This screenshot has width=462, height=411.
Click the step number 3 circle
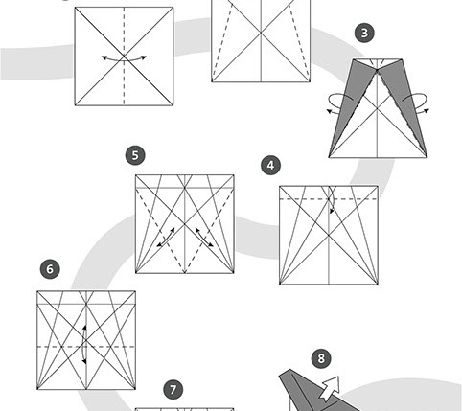pos(364,33)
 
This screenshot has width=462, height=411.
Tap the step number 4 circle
pos(270,166)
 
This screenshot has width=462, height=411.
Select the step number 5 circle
pos(135,155)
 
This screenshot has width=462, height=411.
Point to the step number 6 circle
pos(50,269)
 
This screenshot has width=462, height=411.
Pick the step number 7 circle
pos(173,390)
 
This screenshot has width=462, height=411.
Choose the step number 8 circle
pos(321,358)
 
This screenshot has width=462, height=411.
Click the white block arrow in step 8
pos(329,388)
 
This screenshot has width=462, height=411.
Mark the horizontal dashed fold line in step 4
pos(329,199)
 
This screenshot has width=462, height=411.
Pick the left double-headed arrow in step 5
pos(166,238)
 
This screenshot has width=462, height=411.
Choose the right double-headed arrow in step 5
pos(204,238)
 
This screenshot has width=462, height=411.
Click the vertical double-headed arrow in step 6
pos(83,344)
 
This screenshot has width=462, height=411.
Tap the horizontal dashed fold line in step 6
pos(86,347)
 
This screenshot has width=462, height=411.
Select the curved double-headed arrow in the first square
pos(124,58)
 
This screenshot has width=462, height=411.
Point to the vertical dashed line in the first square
pos(124,57)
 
